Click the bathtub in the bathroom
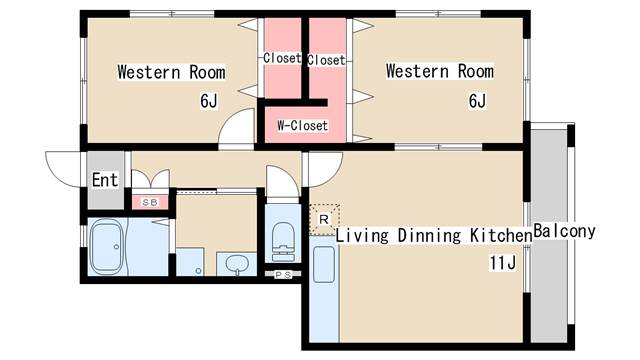(x=107, y=247)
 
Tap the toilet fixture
(x=283, y=241)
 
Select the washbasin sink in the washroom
(x=236, y=263)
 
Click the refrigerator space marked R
(x=324, y=219)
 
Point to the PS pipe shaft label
(x=283, y=275)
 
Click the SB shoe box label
(x=150, y=202)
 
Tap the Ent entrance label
(x=105, y=180)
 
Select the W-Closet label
(x=302, y=125)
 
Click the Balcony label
(x=564, y=231)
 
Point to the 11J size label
(x=503, y=262)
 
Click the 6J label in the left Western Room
(x=209, y=101)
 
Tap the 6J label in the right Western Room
(x=477, y=101)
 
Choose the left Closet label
(x=282, y=58)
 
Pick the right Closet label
(x=327, y=60)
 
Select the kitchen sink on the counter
(x=324, y=264)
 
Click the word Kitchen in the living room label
(x=501, y=236)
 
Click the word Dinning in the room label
(x=429, y=236)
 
